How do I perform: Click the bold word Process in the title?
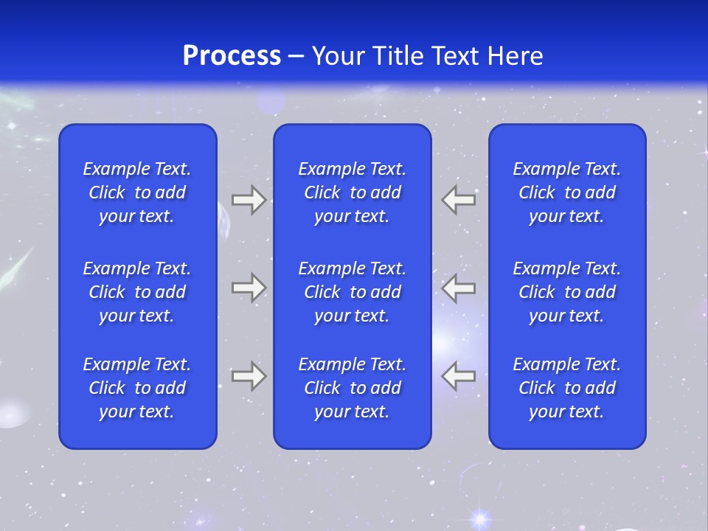(x=232, y=56)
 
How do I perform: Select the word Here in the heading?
(x=514, y=56)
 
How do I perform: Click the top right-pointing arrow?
(x=249, y=200)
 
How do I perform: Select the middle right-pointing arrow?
(x=249, y=287)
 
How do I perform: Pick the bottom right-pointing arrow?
(x=249, y=375)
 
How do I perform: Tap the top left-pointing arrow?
(x=459, y=200)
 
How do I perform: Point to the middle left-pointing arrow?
(x=459, y=287)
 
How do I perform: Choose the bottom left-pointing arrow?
(x=459, y=375)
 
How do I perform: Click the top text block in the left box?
(x=137, y=192)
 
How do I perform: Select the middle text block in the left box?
(x=137, y=292)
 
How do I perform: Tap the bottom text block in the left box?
(x=137, y=388)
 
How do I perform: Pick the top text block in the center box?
(x=352, y=192)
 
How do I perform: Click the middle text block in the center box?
(x=352, y=292)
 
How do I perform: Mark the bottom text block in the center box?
(x=352, y=388)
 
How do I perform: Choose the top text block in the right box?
(x=566, y=192)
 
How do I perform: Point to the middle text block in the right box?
(x=566, y=292)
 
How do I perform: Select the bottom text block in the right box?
(x=566, y=388)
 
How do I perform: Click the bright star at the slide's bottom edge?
(x=481, y=518)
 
